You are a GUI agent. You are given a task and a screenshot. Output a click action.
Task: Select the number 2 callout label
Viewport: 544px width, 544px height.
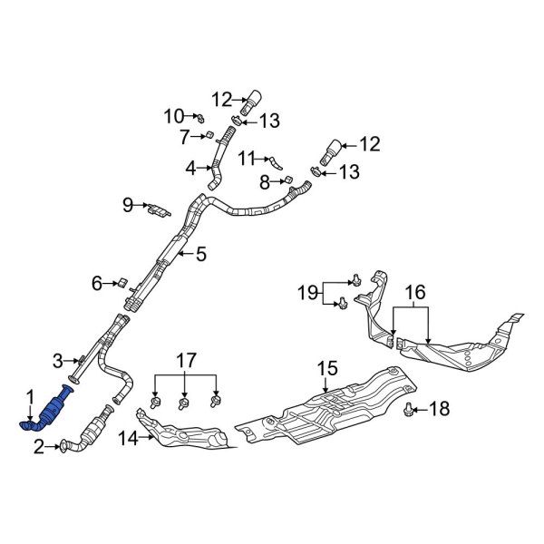[38, 445]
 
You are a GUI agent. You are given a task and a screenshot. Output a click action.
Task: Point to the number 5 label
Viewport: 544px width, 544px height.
[201, 254]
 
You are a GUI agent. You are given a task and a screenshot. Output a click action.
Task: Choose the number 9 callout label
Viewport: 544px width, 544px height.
[127, 206]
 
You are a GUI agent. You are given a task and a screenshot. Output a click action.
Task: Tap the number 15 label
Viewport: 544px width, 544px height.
[325, 367]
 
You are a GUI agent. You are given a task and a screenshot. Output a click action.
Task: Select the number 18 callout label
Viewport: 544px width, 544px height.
[439, 410]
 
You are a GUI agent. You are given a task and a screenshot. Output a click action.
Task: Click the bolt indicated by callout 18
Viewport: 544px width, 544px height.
[409, 411]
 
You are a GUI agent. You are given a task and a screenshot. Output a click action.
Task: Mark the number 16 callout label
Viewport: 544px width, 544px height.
[413, 292]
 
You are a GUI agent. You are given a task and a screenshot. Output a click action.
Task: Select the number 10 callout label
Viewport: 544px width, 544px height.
[173, 115]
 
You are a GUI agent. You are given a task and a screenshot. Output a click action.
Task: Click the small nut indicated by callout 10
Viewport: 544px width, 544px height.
[200, 117]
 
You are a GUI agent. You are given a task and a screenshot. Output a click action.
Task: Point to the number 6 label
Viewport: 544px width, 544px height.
[96, 284]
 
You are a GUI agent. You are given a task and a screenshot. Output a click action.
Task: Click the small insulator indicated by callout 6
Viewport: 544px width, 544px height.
[121, 283]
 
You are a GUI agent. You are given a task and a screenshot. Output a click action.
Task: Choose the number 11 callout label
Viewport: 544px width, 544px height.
[248, 159]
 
